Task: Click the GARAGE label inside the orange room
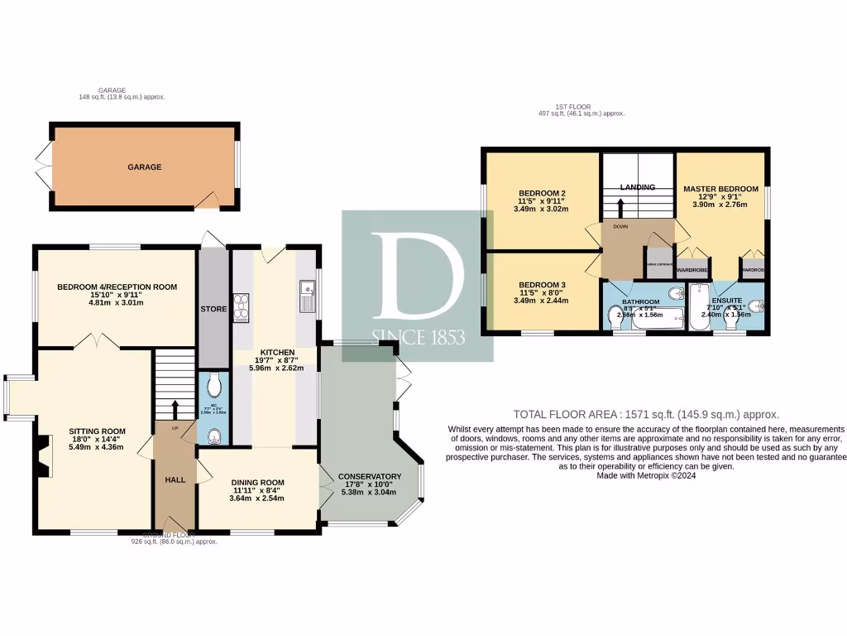click(x=144, y=167)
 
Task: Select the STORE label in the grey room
click(x=213, y=309)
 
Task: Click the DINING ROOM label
click(x=257, y=483)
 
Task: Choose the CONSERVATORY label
click(x=370, y=476)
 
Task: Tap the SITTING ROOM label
click(x=97, y=431)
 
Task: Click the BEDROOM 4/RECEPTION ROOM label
click(x=117, y=287)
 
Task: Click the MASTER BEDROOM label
click(x=720, y=189)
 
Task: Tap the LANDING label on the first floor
click(x=638, y=187)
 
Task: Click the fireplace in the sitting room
click(x=42, y=456)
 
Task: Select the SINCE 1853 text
click(x=418, y=337)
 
